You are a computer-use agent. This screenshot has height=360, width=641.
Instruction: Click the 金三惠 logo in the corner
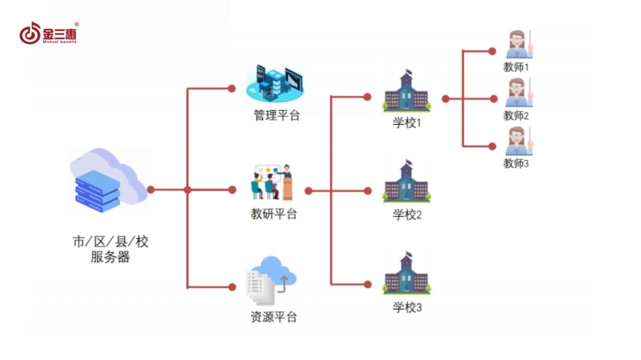pyautogui.click(x=49, y=34)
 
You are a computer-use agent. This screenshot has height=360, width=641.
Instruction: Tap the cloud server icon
pyautogui.click(x=108, y=181)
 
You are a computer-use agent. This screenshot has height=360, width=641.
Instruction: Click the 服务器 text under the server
pyautogui.click(x=110, y=257)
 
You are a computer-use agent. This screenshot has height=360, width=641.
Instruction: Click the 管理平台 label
pyautogui.click(x=276, y=116)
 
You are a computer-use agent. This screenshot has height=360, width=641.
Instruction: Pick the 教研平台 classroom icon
pyautogui.click(x=272, y=181)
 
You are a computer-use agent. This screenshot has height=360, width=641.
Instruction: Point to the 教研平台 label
pyautogui.click(x=274, y=214)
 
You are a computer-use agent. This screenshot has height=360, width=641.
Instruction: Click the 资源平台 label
pyautogui.click(x=274, y=317)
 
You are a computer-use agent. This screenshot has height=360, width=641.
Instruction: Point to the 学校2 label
pyautogui.click(x=407, y=215)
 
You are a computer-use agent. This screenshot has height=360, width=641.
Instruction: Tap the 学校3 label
pyautogui.click(x=407, y=307)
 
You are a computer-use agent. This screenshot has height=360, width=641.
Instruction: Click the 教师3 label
pyautogui.click(x=516, y=163)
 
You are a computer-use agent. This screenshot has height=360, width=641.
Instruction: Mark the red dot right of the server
pyautogui.click(x=151, y=190)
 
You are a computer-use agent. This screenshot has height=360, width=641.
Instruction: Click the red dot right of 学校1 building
pyautogui.click(x=445, y=99)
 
